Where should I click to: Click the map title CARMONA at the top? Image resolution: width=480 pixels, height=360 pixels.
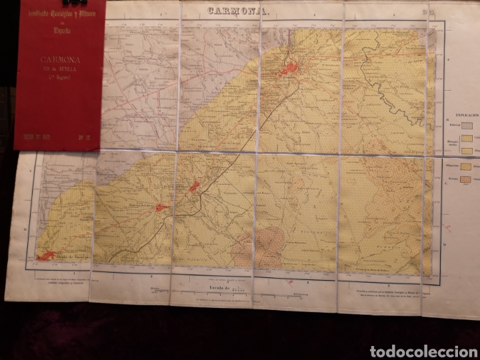click(239, 11)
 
